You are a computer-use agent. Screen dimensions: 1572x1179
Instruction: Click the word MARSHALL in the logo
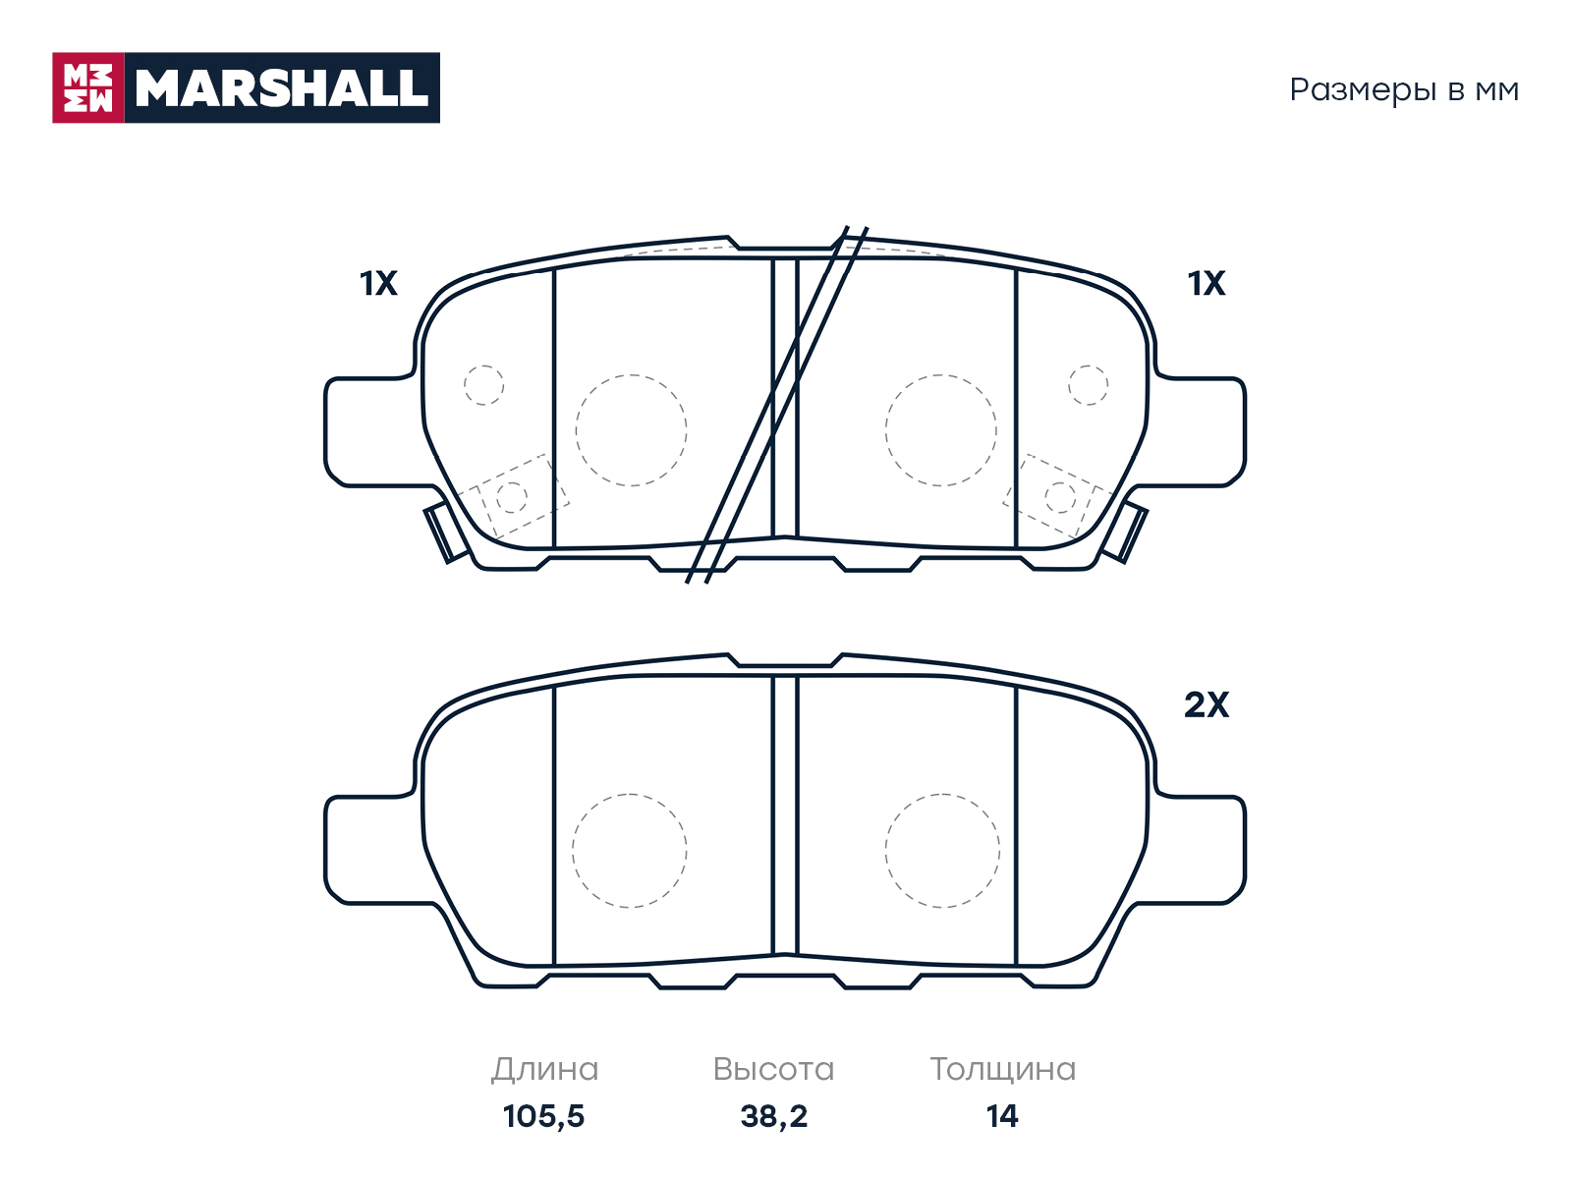(x=282, y=88)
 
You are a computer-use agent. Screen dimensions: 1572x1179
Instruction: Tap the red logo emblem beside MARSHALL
(x=88, y=88)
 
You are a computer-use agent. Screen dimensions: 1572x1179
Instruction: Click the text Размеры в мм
(x=1404, y=90)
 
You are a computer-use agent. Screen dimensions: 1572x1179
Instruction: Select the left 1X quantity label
(x=378, y=284)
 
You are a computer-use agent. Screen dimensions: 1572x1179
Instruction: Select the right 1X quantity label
(x=1207, y=284)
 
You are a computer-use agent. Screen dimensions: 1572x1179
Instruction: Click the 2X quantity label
(x=1207, y=705)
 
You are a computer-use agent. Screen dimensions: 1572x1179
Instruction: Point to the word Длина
(x=544, y=1070)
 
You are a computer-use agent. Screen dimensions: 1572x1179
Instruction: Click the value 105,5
(x=543, y=1116)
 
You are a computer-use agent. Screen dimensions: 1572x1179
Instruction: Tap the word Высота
(x=773, y=1070)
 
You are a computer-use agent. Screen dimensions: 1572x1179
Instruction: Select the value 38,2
(x=773, y=1116)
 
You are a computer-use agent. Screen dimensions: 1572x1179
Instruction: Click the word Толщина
(x=1003, y=1070)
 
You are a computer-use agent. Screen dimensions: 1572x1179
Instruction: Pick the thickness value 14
(x=1002, y=1116)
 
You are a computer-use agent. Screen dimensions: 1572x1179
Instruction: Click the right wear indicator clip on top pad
(x=1125, y=534)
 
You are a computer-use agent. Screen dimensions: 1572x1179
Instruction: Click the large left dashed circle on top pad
(x=631, y=375)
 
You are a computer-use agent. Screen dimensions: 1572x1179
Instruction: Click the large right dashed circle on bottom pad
(x=942, y=795)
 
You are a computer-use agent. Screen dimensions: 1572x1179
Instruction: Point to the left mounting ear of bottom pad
(x=372, y=851)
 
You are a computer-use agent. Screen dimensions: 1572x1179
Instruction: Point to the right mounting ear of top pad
(x=1200, y=431)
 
